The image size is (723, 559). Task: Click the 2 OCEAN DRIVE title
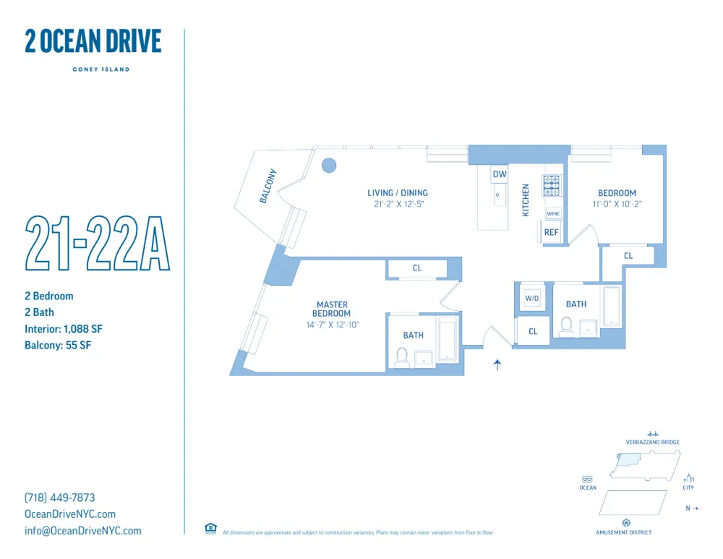tap(93, 41)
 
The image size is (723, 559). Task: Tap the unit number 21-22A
tap(97, 242)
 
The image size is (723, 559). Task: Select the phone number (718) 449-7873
tap(59, 498)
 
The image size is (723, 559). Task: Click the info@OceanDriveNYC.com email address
tap(82, 531)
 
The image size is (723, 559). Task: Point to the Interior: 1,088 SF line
tap(64, 329)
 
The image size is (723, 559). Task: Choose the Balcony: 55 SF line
tap(58, 345)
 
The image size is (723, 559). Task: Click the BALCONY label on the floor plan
tap(268, 187)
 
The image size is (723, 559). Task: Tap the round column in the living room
tap(329, 166)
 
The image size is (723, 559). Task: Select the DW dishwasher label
tap(500, 174)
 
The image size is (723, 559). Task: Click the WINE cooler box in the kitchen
tap(553, 214)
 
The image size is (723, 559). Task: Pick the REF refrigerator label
tap(552, 232)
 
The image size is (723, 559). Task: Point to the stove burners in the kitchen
tap(552, 186)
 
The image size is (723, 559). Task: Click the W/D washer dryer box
tap(532, 298)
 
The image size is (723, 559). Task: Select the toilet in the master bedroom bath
tap(402, 356)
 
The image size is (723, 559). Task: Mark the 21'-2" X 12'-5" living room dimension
tap(397, 205)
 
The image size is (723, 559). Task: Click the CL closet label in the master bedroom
tap(417, 268)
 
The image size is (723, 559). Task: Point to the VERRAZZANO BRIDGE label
tap(652, 442)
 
